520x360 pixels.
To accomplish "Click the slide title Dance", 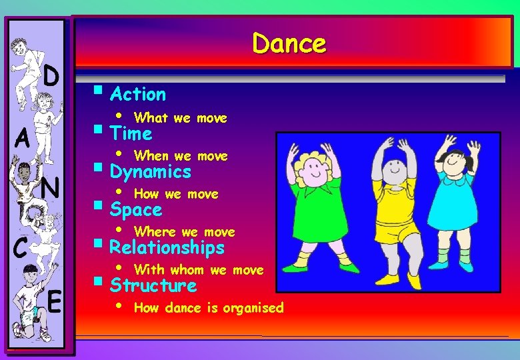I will click(289, 44).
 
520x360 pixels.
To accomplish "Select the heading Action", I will click(137, 94).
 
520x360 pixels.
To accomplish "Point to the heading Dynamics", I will click(150, 172).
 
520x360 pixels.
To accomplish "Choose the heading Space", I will click(136, 210).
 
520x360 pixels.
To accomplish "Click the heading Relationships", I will click(167, 248).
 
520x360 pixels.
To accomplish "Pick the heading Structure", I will click(153, 286).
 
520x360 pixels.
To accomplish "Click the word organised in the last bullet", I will click(253, 308).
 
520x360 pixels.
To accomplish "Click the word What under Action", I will click(151, 118).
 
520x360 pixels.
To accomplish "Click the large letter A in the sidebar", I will click(23, 140).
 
